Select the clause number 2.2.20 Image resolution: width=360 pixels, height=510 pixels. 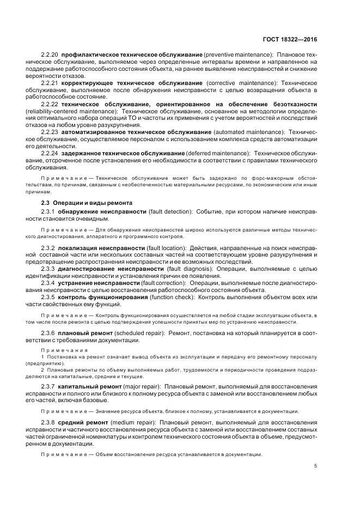coord(50,55)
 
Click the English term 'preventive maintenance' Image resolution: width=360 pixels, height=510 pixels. coord(237,55)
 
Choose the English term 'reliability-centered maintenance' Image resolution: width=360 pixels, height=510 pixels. coord(75,111)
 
